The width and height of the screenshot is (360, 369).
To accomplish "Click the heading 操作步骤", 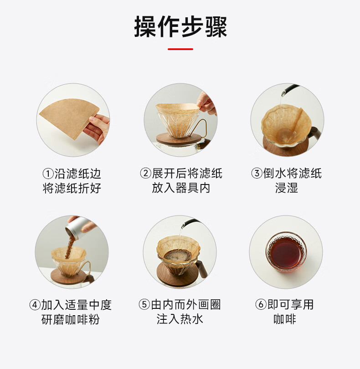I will (x=180, y=27).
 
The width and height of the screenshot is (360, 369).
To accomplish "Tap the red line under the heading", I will (x=180, y=49).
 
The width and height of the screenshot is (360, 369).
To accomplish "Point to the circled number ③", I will (x=257, y=174).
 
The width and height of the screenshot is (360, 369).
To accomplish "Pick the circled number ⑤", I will (x=144, y=305).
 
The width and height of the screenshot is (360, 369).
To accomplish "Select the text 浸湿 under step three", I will (x=287, y=188).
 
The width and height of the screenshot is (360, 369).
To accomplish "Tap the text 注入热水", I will (x=180, y=319).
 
